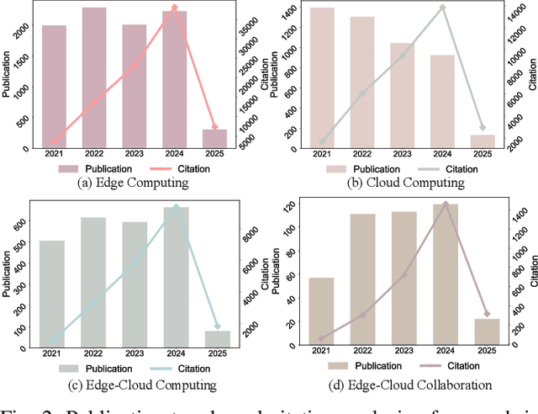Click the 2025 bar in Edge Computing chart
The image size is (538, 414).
coord(214,139)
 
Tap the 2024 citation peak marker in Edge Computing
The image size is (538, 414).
coord(174,8)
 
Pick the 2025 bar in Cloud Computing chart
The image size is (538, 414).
coord(482,141)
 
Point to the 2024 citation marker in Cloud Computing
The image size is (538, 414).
coord(442,8)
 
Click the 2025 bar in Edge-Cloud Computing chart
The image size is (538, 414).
coord(217,337)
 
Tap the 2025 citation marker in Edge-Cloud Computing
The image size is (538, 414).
coord(217,326)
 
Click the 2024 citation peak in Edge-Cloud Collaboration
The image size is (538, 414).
coord(446,204)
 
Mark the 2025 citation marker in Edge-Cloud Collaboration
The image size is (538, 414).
coord(487,314)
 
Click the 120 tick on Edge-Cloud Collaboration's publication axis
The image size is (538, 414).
coord(288,206)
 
